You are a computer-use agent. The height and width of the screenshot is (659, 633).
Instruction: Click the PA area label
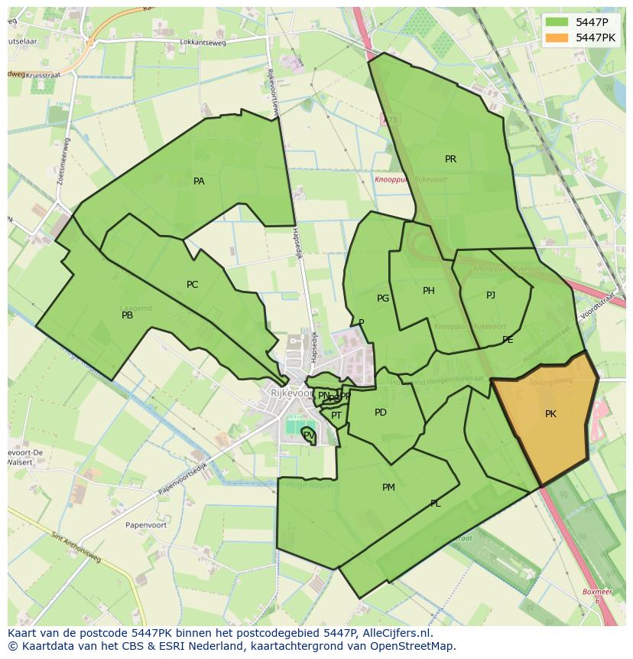point(199,181)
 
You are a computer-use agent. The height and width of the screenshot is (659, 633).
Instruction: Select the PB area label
point(127,315)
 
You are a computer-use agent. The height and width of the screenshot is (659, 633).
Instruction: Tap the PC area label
point(192,285)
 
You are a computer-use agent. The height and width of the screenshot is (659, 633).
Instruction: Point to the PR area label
point(450,159)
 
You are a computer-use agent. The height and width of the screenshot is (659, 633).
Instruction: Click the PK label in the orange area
point(550,414)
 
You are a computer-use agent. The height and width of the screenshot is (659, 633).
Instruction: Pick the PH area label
point(428,291)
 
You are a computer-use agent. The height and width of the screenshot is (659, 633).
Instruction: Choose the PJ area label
point(490,295)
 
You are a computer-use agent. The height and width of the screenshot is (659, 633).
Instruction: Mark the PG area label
point(383,299)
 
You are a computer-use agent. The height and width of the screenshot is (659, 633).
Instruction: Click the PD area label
point(380,413)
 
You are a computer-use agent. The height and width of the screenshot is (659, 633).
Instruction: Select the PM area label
point(388,488)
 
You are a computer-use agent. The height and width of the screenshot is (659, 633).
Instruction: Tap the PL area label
point(435,504)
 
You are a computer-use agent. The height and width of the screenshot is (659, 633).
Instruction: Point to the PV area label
point(308,435)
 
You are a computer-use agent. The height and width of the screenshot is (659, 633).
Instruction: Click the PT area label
point(336,416)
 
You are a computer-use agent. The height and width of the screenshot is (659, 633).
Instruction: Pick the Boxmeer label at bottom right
point(597,592)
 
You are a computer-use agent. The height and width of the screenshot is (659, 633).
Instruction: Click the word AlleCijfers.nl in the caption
point(396,634)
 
